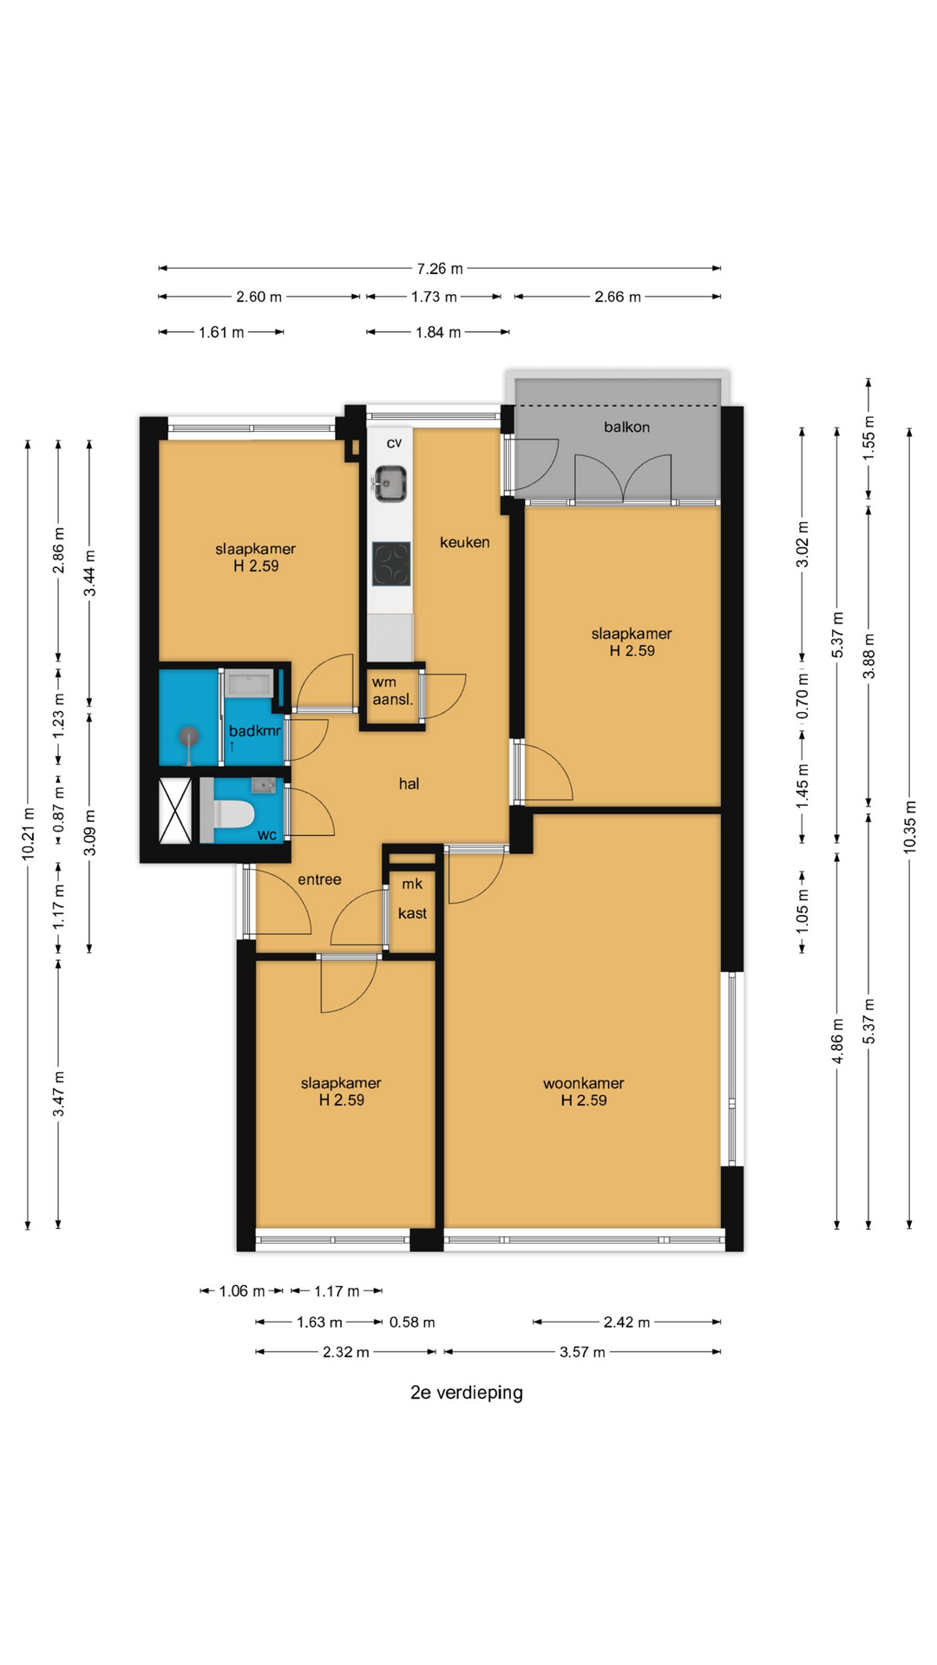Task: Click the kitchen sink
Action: (390, 483)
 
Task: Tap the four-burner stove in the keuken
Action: (391, 564)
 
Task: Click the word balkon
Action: (626, 427)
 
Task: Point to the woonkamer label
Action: (583, 1083)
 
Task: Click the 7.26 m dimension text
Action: (440, 269)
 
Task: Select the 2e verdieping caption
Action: (467, 1393)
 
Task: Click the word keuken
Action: (464, 542)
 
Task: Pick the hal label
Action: (409, 783)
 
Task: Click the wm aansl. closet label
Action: (392, 690)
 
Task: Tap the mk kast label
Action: (412, 898)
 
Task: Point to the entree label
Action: (319, 879)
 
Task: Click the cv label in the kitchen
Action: (394, 443)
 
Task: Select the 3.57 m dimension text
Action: (582, 1352)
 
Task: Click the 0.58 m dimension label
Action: (411, 1322)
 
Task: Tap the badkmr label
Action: (254, 731)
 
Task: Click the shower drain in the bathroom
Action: (188, 736)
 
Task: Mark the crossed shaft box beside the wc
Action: (175, 811)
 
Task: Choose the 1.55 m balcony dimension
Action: (868, 438)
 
